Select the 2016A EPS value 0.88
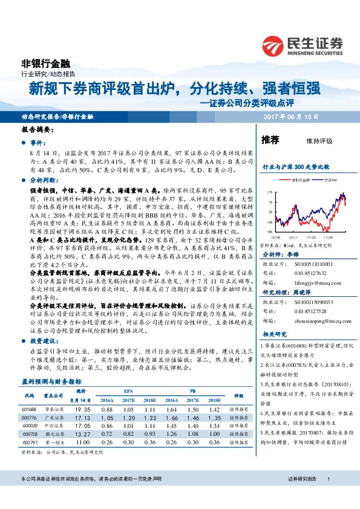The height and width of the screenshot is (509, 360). coord(107,409)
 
